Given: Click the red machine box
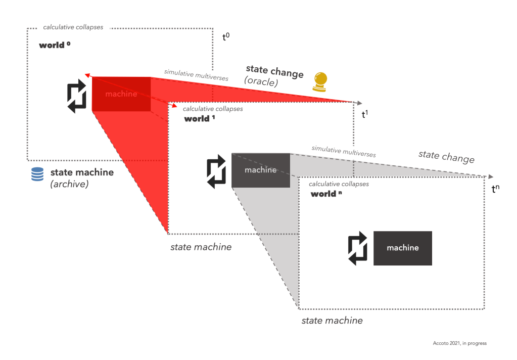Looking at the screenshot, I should [x=121, y=94].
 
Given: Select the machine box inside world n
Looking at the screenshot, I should [x=403, y=248].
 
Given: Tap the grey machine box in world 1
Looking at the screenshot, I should [x=261, y=170].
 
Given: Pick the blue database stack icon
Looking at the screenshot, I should [x=37, y=174].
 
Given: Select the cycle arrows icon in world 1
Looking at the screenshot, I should [x=217, y=171].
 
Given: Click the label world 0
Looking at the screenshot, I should [x=55, y=46].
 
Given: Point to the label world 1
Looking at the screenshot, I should [x=200, y=119].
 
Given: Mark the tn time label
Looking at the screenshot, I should [x=496, y=189].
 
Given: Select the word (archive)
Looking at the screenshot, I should [x=70, y=185].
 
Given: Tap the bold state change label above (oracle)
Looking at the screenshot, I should [x=274, y=71].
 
